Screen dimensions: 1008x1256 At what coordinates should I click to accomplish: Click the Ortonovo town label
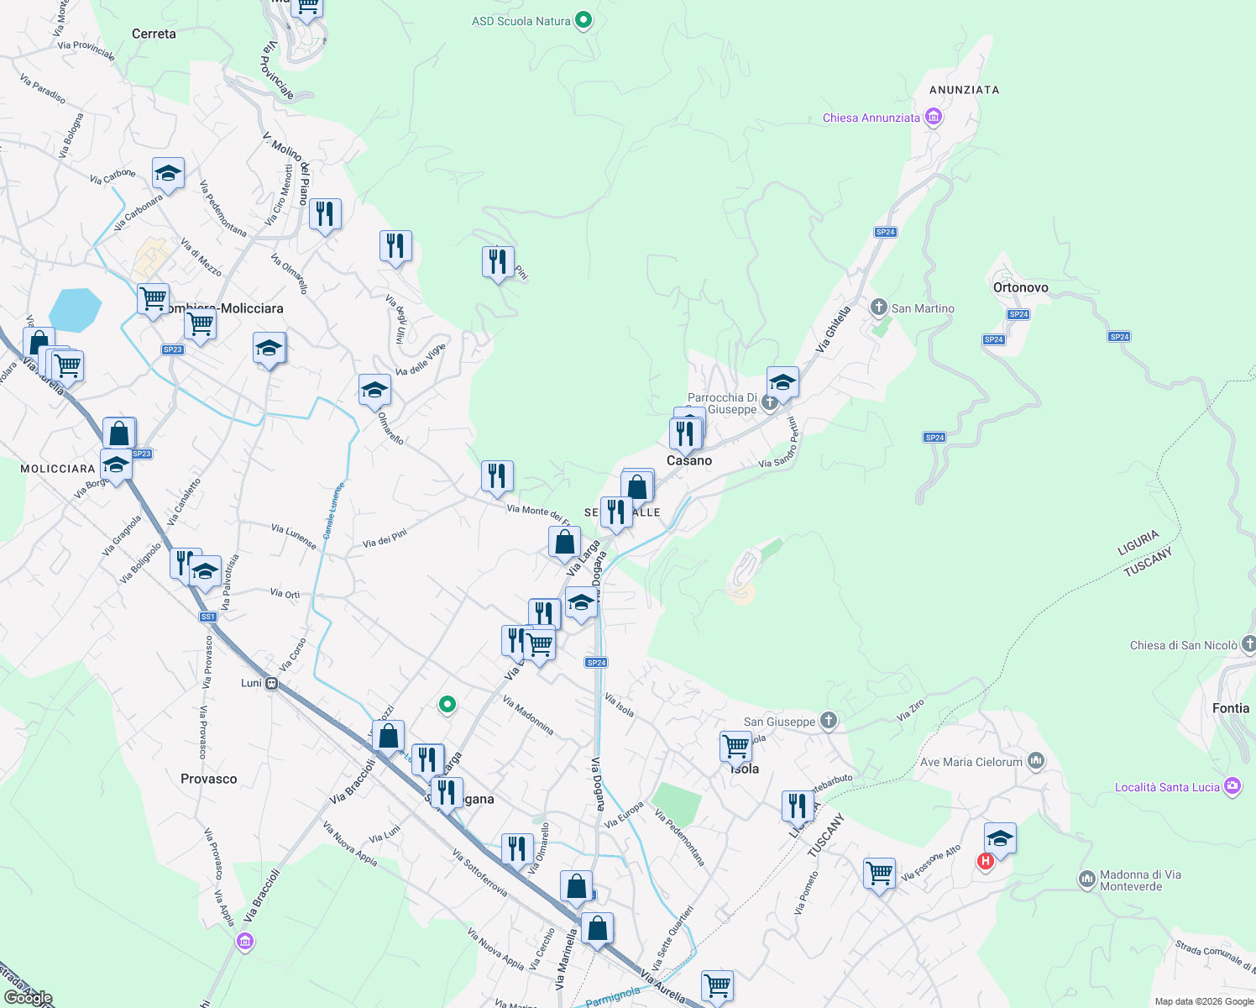pos(1020,287)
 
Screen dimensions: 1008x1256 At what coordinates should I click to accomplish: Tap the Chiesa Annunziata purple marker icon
pos(933,117)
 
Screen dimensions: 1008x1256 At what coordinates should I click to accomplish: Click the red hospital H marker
pos(986,861)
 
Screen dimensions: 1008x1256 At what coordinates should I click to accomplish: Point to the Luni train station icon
pos(271,684)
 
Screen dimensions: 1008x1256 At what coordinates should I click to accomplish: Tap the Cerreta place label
pos(154,34)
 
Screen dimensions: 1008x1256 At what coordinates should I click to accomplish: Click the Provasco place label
pos(208,779)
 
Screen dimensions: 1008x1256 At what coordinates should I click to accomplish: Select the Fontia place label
pos(1230,708)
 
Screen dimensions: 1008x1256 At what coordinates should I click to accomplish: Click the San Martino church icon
pos(878,307)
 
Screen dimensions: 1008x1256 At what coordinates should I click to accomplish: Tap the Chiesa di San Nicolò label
pos(1183,645)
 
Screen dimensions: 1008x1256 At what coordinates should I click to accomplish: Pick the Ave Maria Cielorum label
pos(971,762)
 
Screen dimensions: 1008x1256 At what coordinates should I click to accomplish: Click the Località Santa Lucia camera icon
pos(1232,786)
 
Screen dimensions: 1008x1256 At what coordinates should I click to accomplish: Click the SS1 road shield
pos(208,617)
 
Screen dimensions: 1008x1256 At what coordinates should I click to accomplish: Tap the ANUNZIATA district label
pos(964,90)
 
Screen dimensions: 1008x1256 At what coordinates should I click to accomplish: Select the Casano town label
pos(689,460)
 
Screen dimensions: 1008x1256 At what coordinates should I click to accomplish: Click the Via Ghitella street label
pos(833,328)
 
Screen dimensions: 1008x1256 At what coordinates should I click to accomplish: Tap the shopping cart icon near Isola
pos(735,745)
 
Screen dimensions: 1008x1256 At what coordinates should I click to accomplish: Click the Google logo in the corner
pos(28,998)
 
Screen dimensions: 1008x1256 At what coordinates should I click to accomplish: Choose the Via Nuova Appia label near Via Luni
pos(350,843)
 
